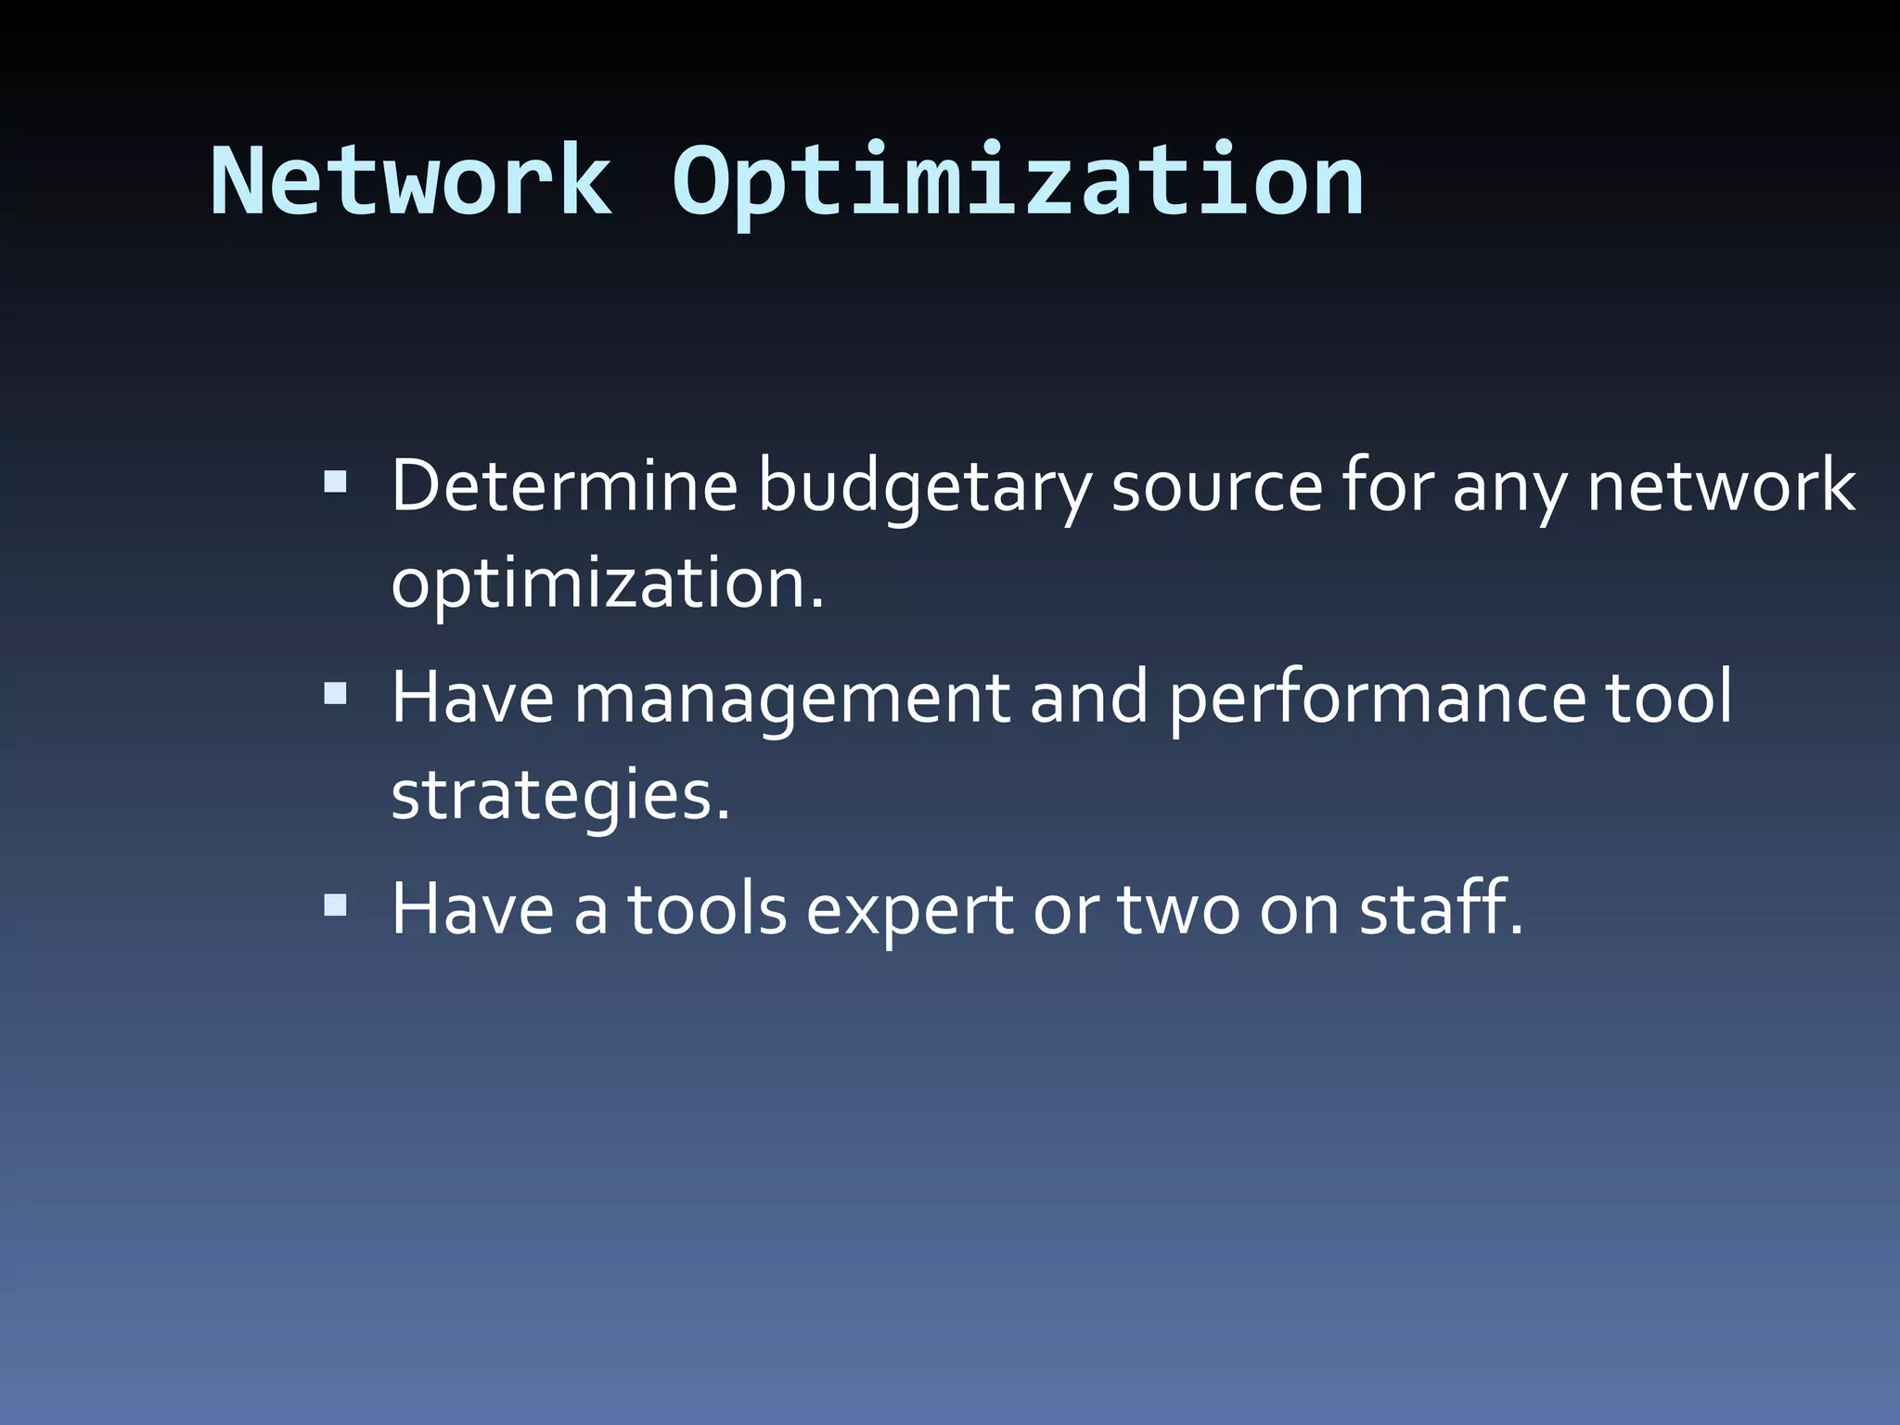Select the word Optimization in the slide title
click(1018, 183)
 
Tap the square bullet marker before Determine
click(335, 482)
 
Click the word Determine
click(564, 485)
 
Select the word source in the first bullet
click(1216, 487)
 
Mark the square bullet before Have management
click(335, 694)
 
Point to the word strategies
click(560, 796)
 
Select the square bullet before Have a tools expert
click(335, 905)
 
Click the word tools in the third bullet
click(707, 909)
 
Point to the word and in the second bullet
click(1088, 697)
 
